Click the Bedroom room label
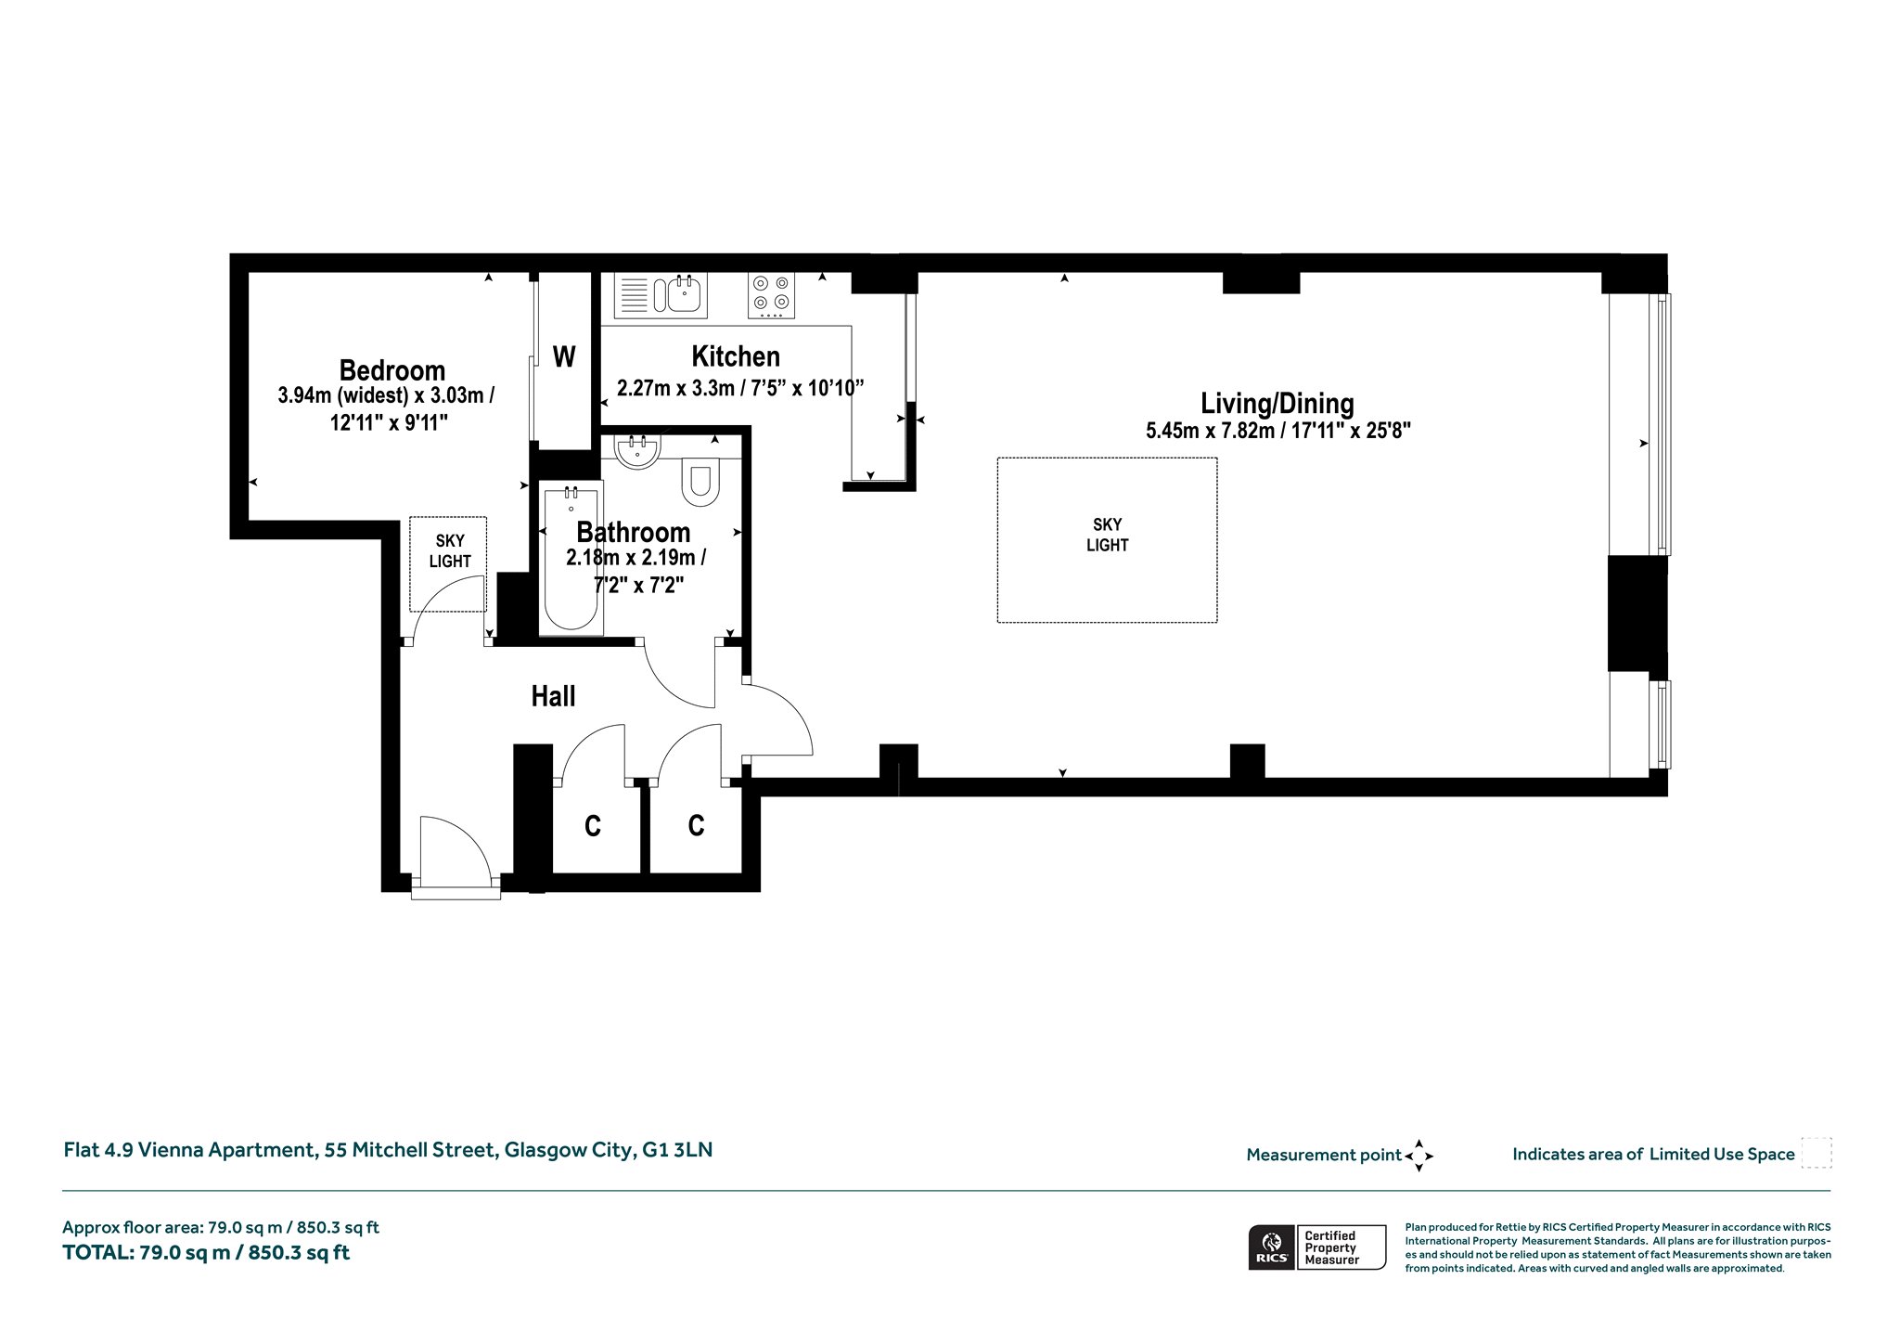point(392,370)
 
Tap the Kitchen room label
point(736,356)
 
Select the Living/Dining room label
point(1277,404)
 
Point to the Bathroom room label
point(634,532)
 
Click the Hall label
point(553,696)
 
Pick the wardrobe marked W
point(564,356)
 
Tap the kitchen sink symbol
point(660,295)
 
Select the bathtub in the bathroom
point(571,558)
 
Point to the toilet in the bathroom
point(700,483)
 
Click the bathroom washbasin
point(637,449)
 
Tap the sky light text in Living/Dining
point(1107,535)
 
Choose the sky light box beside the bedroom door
point(449,563)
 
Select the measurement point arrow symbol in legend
point(1419,1156)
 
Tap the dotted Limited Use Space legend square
point(1816,1153)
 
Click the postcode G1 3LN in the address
point(677,1150)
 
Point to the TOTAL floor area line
point(206,1253)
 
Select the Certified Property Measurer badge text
point(1331,1247)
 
